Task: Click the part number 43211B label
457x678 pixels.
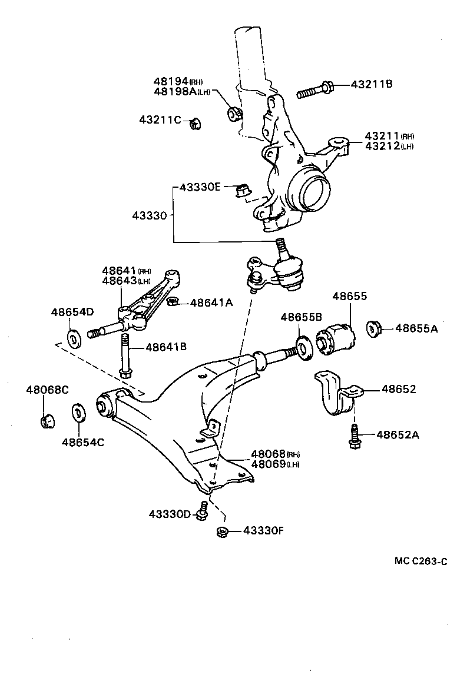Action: [371, 84]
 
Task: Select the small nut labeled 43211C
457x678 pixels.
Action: [195, 122]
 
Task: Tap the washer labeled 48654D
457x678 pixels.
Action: [75, 339]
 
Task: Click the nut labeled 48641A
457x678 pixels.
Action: [172, 302]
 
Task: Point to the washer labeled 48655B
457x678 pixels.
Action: [304, 347]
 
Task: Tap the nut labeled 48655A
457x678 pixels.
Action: [374, 328]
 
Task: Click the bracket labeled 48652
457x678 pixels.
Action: [333, 394]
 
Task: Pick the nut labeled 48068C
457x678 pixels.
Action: [47, 421]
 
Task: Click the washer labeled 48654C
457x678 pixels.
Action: [77, 413]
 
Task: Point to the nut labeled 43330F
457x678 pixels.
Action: [222, 531]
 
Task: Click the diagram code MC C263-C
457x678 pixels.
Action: [420, 561]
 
